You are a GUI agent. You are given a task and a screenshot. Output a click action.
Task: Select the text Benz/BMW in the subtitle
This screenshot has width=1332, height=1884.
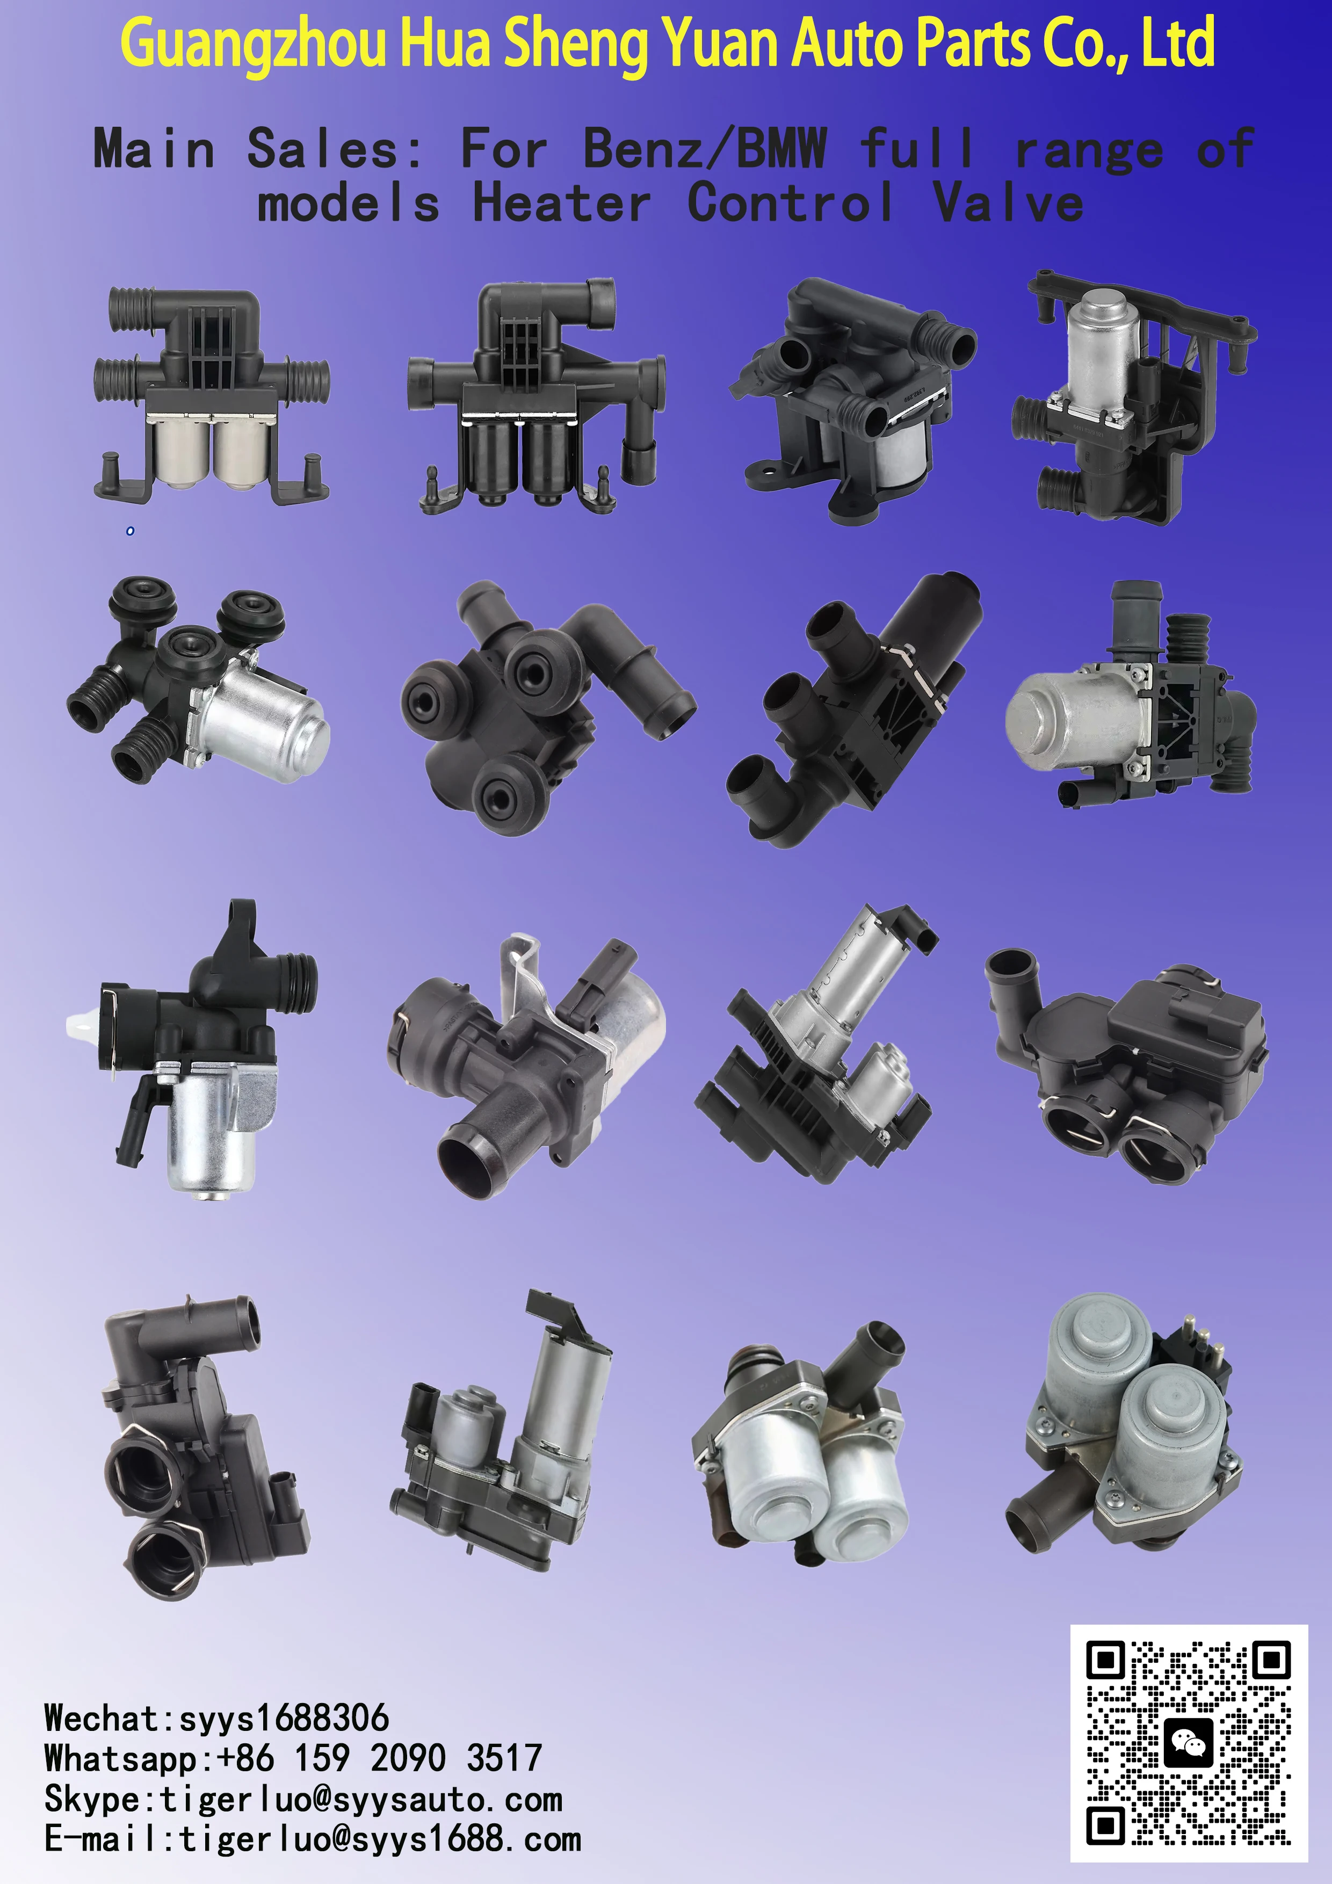coord(704,149)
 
